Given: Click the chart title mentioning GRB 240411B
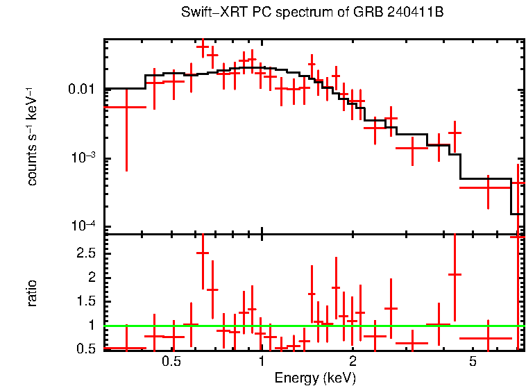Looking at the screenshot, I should [312, 12].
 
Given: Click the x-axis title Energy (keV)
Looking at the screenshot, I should [315, 378].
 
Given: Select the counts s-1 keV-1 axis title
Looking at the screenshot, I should [32, 136].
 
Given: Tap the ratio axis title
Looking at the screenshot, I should [32, 293].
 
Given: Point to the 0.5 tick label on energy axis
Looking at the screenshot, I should [171, 362].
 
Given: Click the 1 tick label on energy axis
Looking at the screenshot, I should [261, 362].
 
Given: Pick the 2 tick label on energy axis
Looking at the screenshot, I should [353, 362].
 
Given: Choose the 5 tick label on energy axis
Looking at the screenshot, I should [472, 362].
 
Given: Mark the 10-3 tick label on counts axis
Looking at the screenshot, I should [85, 158].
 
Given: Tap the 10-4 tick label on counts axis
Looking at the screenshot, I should [85, 227].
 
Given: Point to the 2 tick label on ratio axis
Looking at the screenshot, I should [91, 277].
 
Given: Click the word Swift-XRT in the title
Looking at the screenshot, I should [206, 12].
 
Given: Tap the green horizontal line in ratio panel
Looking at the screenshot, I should [312, 325].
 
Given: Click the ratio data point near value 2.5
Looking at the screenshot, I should [203, 253].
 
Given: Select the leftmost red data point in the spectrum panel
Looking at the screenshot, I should [126, 107].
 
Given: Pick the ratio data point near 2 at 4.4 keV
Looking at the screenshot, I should [455, 274].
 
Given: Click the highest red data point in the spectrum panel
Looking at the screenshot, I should [203, 47].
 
